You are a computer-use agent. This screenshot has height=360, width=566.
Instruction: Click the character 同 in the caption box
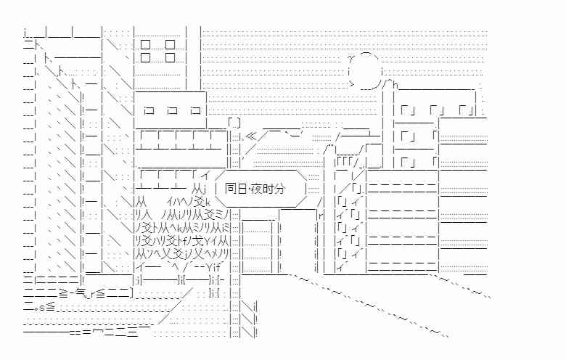click(230, 189)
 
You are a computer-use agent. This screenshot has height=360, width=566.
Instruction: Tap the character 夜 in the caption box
click(257, 189)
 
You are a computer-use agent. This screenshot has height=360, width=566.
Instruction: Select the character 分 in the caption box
click(280, 189)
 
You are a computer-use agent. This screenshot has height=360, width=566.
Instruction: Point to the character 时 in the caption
click(268, 189)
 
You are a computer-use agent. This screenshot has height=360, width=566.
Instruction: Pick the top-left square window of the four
click(145, 45)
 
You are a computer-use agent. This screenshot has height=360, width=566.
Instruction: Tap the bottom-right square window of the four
click(170, 57)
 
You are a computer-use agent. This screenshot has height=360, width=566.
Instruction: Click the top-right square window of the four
click(170, 45)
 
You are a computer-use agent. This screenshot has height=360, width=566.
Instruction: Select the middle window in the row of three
click(173, 110)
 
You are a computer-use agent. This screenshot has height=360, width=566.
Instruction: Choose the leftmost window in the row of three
click(149, 110)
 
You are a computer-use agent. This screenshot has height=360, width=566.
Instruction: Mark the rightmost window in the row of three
click(195, 110)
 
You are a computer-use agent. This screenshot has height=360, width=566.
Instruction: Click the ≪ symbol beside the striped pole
click(251, 137)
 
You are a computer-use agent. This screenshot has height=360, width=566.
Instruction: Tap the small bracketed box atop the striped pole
click(234, 123)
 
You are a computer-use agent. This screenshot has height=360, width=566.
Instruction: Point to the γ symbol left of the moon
click(350, 58)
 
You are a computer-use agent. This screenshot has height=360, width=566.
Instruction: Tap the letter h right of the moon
click(395, 85)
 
